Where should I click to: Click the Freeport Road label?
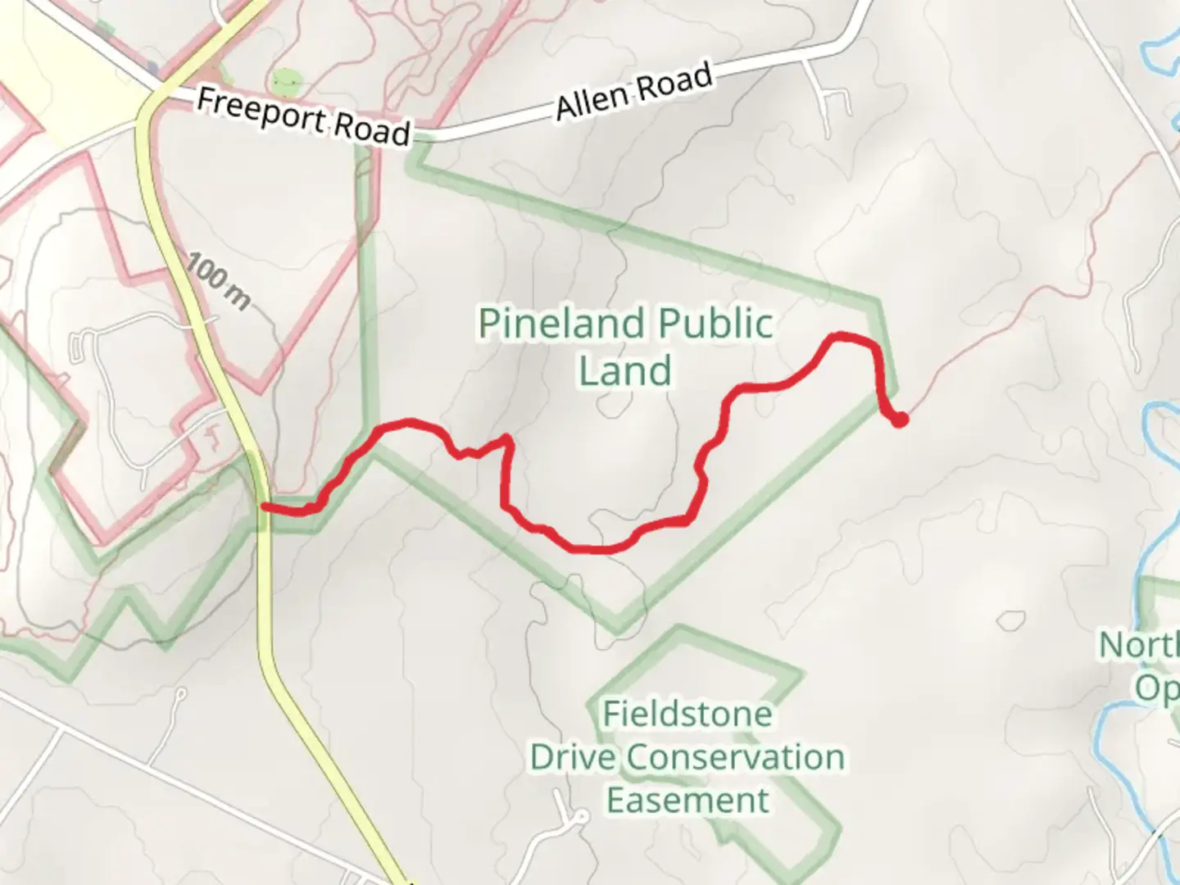click(303, 116)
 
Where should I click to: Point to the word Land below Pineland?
click(625, 370)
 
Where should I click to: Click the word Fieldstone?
click(687, 715)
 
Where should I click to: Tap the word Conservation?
click(736, 757)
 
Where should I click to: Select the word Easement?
click(687, 801)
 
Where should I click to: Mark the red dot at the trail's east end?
click(900, 420)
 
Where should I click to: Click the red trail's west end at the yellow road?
click(264, 507)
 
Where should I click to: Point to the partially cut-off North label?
click(1139, 645)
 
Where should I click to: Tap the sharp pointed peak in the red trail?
click(508, 439)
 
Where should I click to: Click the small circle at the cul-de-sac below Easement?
click(580, 817)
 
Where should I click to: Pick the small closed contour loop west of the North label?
click(1011, 620)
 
